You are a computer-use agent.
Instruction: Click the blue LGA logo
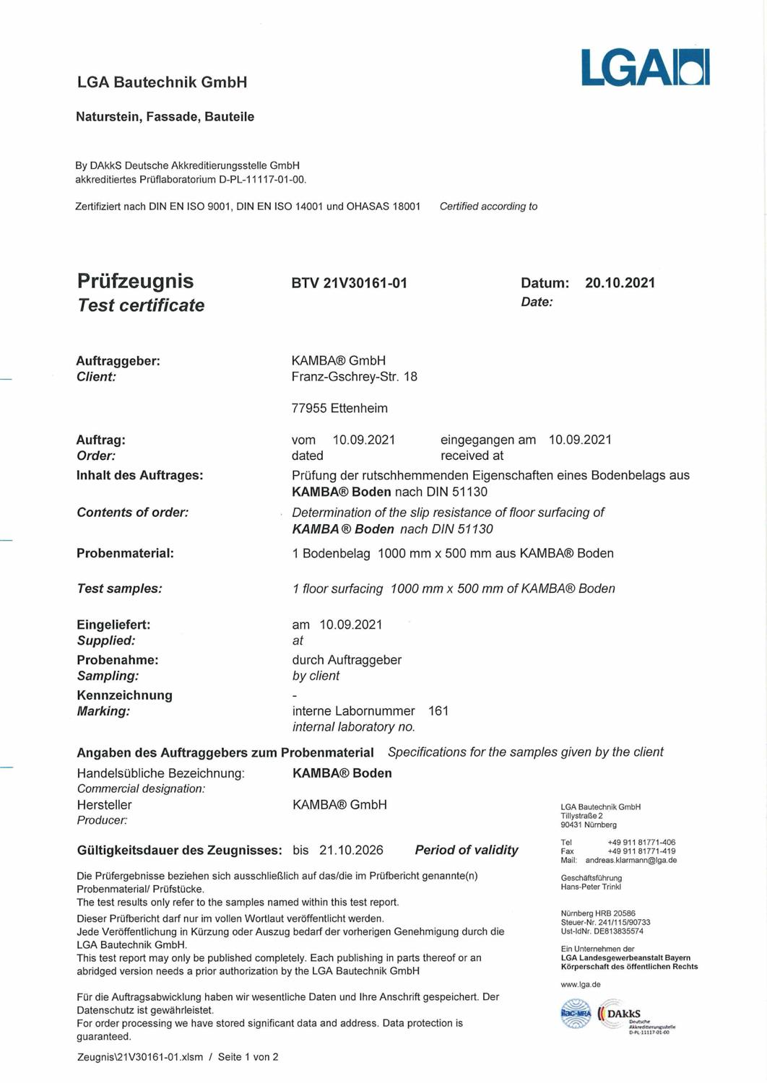tap(645, 68)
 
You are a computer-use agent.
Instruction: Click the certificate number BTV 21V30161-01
tap(350, 283)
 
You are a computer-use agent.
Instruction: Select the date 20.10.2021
tap(620, 283)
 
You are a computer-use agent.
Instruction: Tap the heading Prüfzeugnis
tap(135, 281)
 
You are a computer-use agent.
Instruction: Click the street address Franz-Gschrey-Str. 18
tap(354, 377)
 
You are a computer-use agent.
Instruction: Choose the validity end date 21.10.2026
tap(351, 851)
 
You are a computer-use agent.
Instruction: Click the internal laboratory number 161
tap(438, 711)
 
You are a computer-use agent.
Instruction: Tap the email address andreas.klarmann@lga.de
tap(630, 861)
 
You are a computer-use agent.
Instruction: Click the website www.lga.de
tap(580, 985)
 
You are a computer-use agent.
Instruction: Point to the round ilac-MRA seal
tap(576, 1014)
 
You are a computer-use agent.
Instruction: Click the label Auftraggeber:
tap(118, 361)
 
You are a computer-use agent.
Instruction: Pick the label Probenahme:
tap(118, 660)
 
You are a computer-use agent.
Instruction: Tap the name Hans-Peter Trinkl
tap(591, 887)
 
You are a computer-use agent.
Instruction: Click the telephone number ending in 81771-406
tap(641, 843)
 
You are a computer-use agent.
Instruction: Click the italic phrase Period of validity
tap(467, 851)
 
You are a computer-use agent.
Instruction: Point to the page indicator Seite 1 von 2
tap(248, 1057)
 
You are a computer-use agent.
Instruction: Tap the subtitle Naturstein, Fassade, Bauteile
tap(165, 117)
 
